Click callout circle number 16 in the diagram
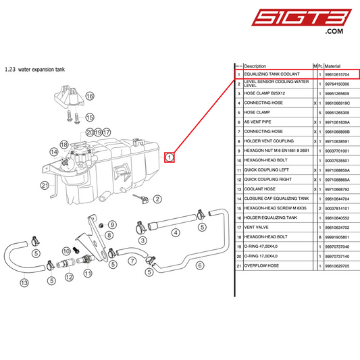[89, 97]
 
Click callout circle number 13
[24, 282]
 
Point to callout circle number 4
[176, 233]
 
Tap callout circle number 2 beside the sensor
[157, 199]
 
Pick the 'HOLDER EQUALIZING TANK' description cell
[271, 218]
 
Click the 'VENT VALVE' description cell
[256, 228]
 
